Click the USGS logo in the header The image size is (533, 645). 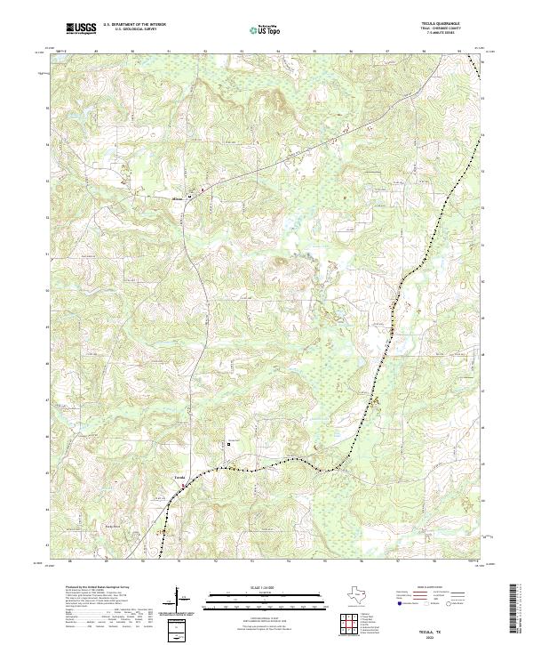point(81,28)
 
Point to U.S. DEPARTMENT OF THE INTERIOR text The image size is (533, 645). point(134,25)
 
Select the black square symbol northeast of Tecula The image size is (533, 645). point(228,444)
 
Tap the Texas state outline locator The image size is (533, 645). point(354,597)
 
